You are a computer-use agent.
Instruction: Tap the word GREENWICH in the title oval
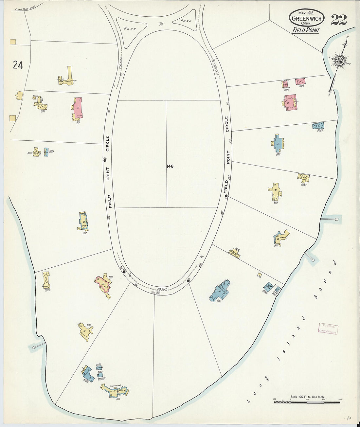(x=307, y=19)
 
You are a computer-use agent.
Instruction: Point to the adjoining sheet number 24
(x=18, y=65)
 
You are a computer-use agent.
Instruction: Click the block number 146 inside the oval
(x=170, y=166)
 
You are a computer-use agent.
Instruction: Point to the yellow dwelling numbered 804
(x=85, y=331)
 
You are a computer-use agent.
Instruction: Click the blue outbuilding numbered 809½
(x=318, y=126)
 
